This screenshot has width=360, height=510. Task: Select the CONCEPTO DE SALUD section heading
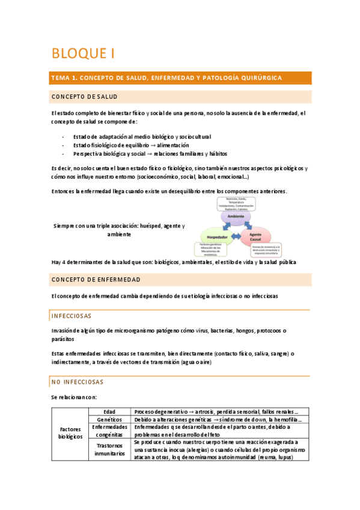[x=84, y=97]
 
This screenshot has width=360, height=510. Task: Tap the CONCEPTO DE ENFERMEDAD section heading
[x=96, y=280]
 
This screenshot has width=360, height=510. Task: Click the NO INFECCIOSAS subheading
[x=78, y=382]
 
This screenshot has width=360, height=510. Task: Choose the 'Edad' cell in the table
[x=109, y=411]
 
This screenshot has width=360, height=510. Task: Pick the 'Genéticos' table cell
[x=109, y=419]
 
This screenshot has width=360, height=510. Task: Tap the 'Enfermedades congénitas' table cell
[x=109, y=430]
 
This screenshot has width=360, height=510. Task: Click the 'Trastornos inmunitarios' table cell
[x=109, y=450]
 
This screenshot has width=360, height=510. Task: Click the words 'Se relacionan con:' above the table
[x=74, y=397]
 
